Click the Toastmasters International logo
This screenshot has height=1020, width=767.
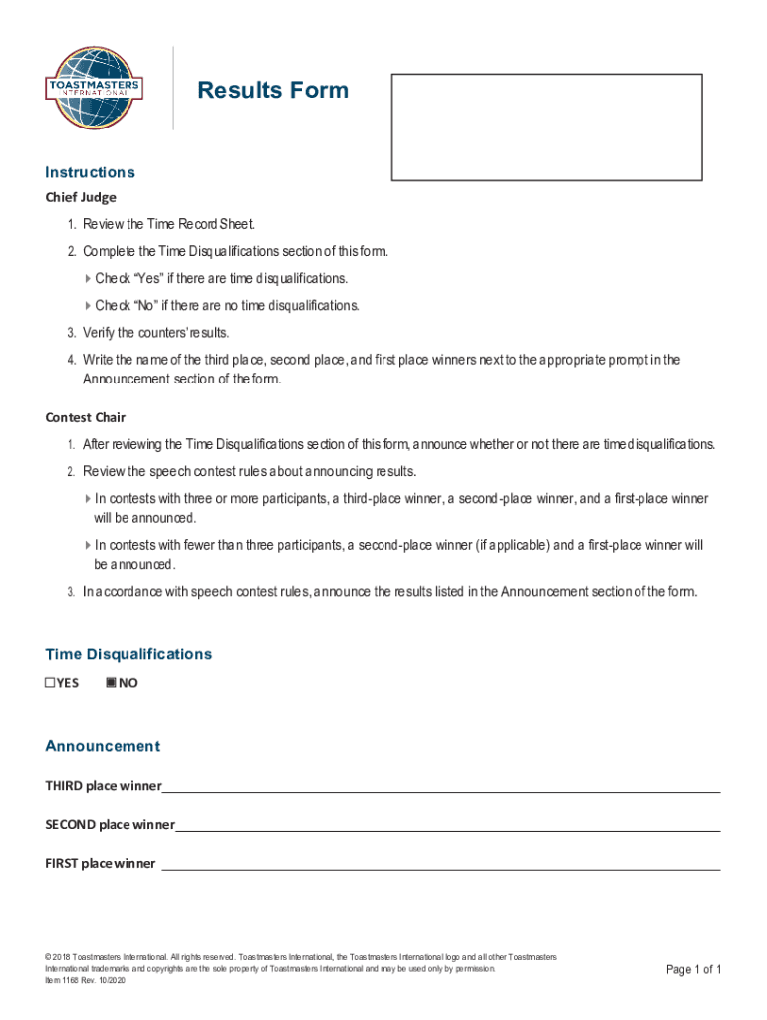click(94, 88)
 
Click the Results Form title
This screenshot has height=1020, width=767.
click(273, 91)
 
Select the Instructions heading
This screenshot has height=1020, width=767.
click(90, 172)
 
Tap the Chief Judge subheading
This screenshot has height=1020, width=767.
click(81, 197)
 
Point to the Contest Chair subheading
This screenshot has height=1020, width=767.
click(85, 417)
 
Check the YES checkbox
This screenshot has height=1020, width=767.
click(51, 683)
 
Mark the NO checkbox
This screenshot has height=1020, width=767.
click(111, 683)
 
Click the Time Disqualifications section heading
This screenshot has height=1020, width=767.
click(128, 654)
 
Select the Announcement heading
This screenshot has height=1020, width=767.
click(103, 746)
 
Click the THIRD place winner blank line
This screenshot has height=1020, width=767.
click(440, 786)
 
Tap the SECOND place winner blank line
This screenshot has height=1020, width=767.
click(447, 825)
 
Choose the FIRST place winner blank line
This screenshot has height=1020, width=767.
click(440, 864)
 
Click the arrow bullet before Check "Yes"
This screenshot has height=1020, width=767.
click(88, 278)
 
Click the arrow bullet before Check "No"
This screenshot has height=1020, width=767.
click(88, 305)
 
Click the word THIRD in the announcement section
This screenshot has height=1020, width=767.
click(64, 786)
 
